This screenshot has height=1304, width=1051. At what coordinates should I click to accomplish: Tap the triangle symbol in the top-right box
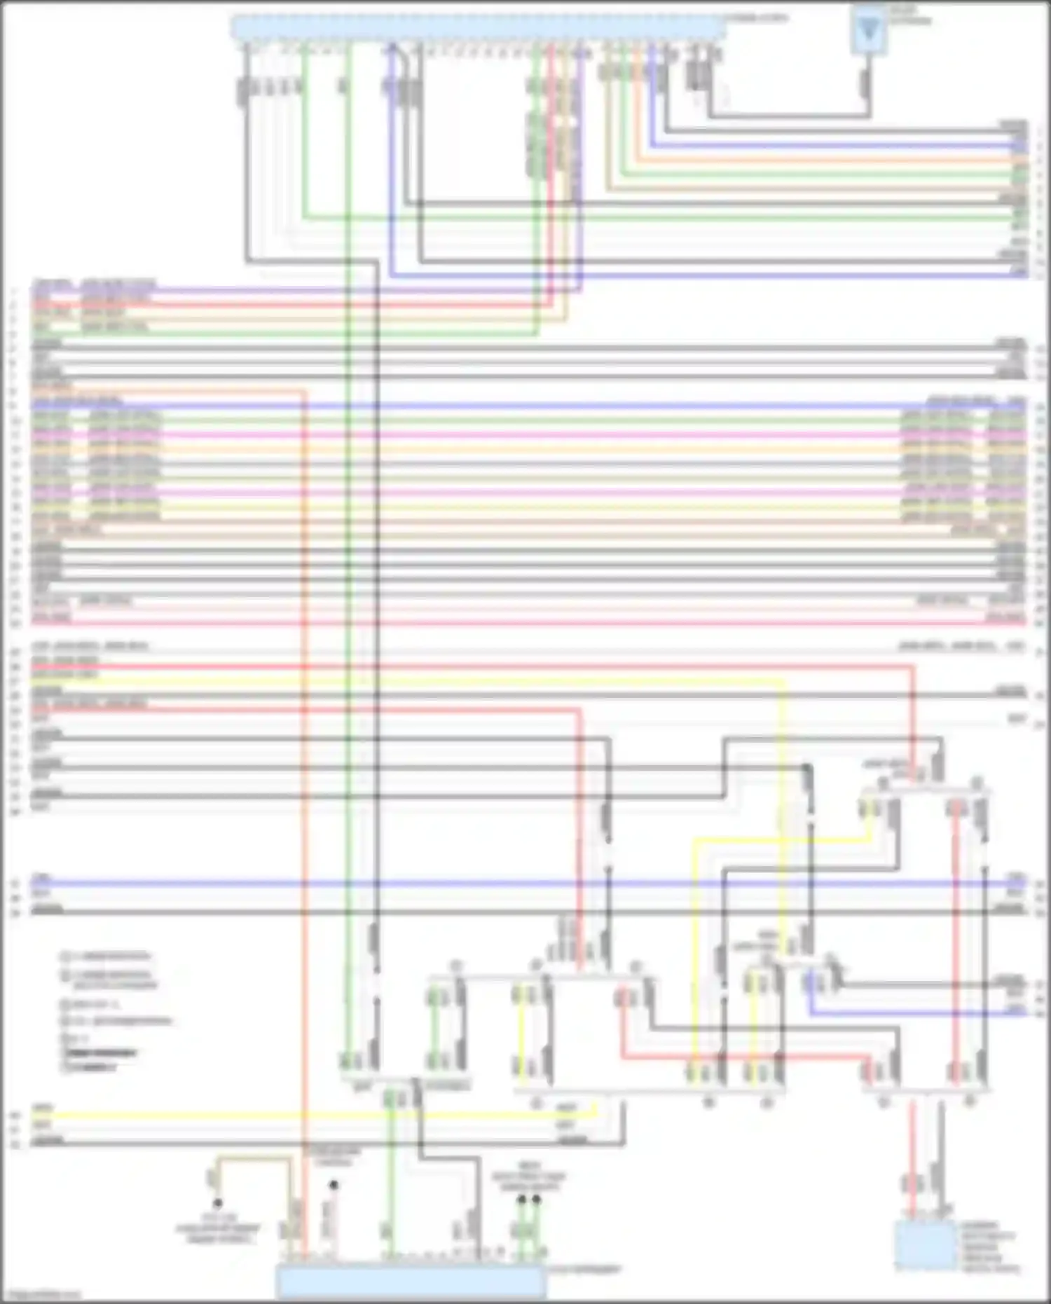pos(869,30)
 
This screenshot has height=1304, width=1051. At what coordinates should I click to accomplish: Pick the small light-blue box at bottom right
pos(925,1245)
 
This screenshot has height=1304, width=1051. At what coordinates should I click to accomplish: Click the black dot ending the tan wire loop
pos(218,1203)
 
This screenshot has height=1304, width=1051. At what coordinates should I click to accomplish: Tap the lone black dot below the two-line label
pos(334,1185)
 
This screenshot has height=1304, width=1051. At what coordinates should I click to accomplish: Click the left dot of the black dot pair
pos(521,1200)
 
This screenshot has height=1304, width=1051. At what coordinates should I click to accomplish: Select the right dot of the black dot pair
pos(537,1200)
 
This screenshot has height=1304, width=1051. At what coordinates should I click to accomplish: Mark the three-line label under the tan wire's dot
pos(218,1228)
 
